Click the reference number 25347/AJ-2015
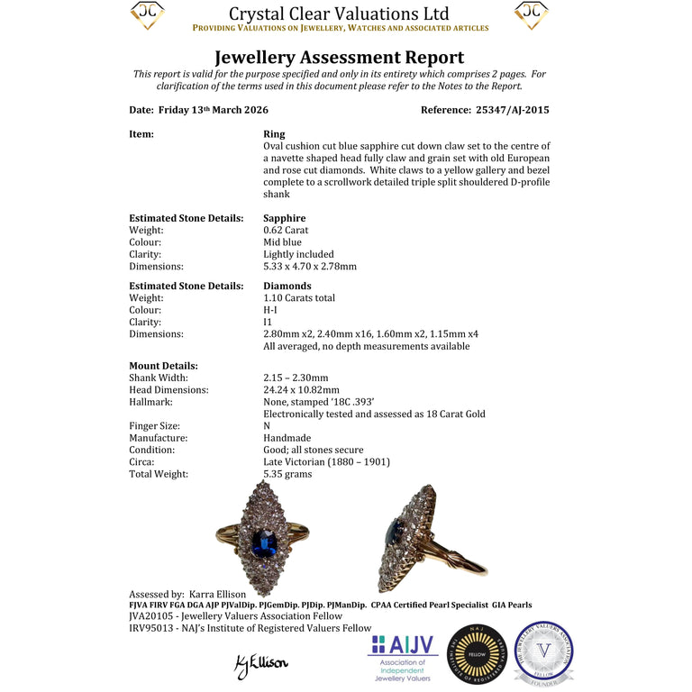pyautogui.click(x=511, y=110)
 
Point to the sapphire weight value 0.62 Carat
pyautogui.click(x=286, y=230)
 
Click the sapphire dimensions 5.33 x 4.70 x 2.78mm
pyautogui.click(x=309, y=266)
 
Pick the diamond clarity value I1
pyautogui.click(x=269, y=322)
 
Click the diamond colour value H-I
pyautogui.click(x=270, y=309)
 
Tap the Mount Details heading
pyautogui.click(x=163, y=366)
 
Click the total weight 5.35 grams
pyautogui.click(x=287, y=473)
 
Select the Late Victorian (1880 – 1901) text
pyautogui.click(x=326, y=461)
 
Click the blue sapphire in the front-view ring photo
pyautogui.click(x=264, y=543)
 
